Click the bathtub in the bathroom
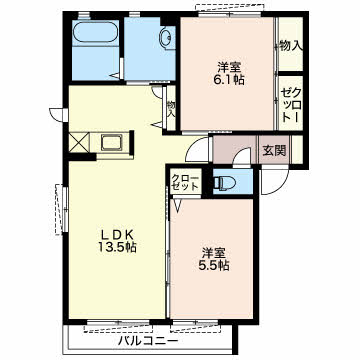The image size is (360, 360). pos(95,33)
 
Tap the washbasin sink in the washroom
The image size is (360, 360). pos(167,38)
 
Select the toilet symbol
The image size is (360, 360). pos(225,183)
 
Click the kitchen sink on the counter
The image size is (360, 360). pos(112,143)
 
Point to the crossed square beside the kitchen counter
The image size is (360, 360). pos(79,143)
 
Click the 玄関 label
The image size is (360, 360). pos(274,151)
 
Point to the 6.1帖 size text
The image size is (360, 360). pos(229,80)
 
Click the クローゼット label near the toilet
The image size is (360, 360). pos(185,182)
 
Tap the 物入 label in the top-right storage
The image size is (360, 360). pos(291,46)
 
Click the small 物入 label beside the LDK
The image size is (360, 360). pos(171,109)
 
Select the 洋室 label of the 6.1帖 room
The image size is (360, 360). pos(229,67)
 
